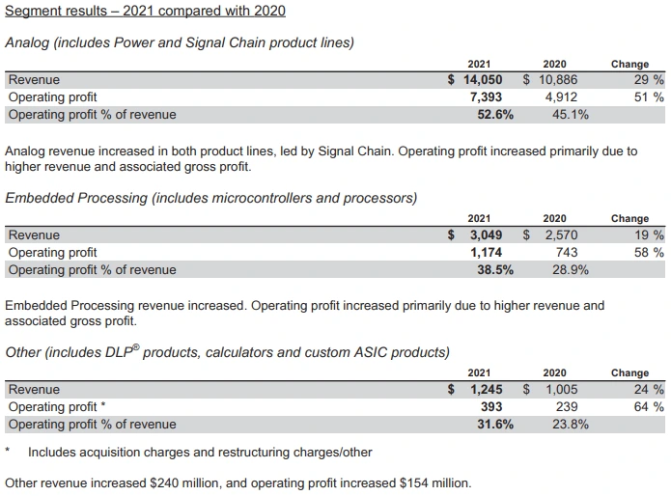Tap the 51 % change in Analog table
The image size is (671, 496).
coord(645,97)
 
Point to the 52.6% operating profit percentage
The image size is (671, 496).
coord(495,115)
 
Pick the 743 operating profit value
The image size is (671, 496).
coord(567,252)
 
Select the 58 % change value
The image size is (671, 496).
coord(645,252)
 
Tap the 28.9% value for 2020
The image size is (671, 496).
coord(570,269)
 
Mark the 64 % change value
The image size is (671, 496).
coord(645,406)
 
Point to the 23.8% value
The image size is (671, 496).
coord(570,424)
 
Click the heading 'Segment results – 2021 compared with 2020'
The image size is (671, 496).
coord(145,12)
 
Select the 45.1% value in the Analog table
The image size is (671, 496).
coord(570,115)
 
